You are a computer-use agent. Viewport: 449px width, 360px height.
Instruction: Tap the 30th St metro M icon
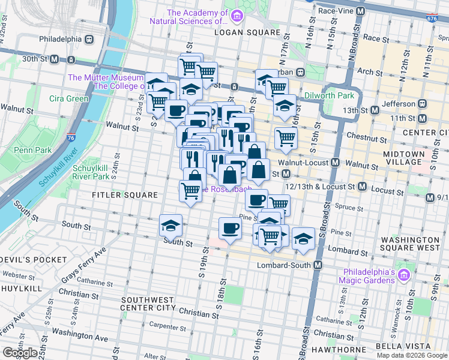[54, 59]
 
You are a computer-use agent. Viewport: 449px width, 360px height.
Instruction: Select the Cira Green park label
[69, 98]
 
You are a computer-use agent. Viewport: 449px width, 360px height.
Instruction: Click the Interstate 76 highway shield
[71, 139]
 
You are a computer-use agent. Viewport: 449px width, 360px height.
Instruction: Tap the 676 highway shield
[432, 19]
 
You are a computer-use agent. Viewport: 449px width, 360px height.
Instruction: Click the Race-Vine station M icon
[361, 11]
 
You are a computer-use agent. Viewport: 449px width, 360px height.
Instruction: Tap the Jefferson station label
[399, 104]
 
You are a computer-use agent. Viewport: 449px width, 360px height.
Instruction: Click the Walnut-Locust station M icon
[336, 163]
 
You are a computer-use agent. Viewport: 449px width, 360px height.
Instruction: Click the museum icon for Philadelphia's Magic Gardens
[405, 275]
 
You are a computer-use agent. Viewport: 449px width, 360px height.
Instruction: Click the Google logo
[20, 353]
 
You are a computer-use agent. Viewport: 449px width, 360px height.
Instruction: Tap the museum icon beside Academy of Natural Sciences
[238, 15]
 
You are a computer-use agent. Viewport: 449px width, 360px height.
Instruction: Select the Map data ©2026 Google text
[411, 355]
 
